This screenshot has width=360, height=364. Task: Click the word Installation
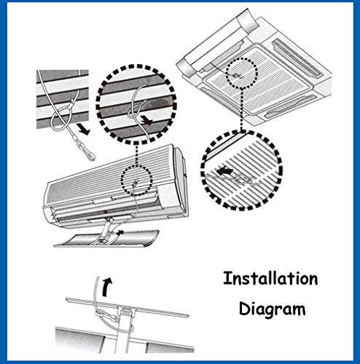tap(270, 278)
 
